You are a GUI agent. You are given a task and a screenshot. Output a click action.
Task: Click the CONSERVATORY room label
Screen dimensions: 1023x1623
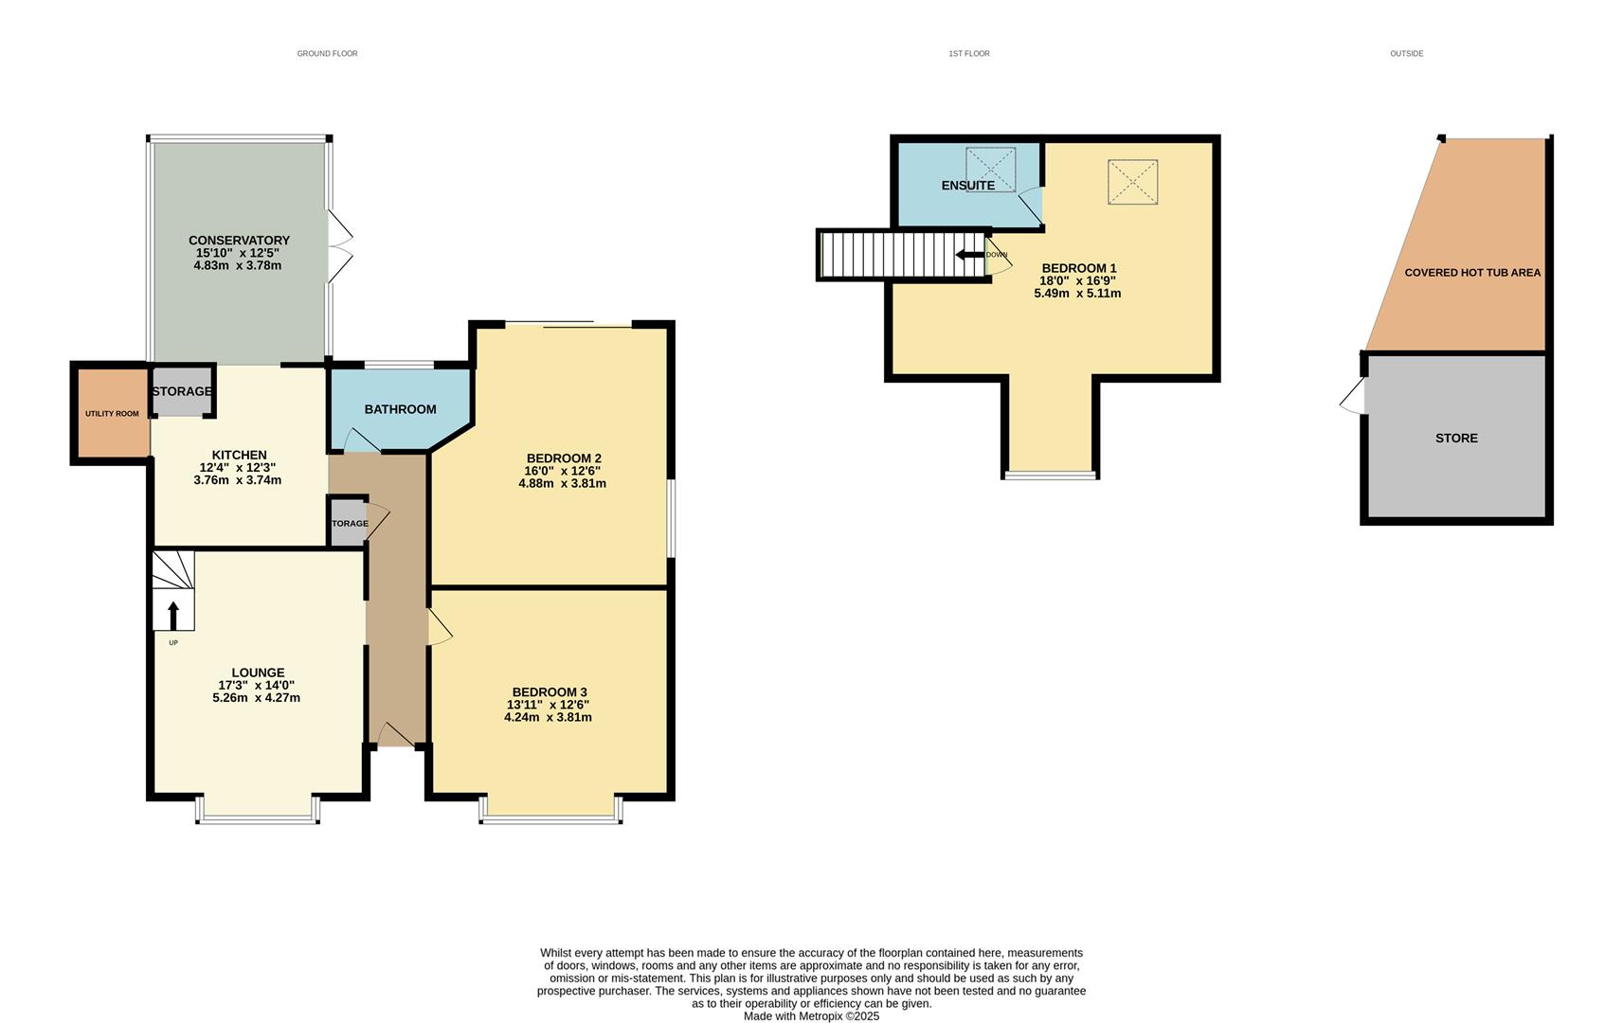coord(239,241)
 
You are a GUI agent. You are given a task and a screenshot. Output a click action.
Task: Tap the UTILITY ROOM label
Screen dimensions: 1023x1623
coord(112,414)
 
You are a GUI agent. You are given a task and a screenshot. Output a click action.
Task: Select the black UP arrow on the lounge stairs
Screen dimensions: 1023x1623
coord(172,615)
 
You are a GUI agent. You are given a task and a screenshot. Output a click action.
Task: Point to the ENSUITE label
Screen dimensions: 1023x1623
coord(967,186)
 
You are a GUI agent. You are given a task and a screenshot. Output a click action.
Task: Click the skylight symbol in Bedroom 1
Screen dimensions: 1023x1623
coord(1132,182)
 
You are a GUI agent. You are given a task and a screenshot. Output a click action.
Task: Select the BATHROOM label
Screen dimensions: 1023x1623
coord(400,409)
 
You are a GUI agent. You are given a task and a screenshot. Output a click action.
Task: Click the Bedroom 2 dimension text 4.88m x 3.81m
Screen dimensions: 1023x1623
coord(562,483)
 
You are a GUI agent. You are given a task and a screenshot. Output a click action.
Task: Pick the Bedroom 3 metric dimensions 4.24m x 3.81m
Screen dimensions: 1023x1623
coord(548,717)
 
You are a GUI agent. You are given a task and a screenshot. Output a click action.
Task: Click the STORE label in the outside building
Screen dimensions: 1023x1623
coord(1455,438)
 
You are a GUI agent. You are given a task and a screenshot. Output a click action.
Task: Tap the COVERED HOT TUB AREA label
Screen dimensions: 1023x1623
coord(1471,273)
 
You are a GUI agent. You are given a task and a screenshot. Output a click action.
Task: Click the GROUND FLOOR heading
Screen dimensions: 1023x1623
coord(327,54)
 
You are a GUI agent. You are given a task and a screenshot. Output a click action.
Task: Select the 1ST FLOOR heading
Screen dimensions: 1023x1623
coord(968,54)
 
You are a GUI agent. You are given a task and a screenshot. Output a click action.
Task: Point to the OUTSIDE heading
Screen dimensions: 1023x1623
coord(1406,54)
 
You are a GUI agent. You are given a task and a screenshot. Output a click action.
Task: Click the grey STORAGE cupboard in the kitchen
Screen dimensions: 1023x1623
coord(182,391)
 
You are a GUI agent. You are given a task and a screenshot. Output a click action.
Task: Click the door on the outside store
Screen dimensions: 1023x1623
coord(1353,395)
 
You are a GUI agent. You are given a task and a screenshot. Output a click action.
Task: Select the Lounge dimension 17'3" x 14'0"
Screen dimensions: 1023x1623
coord(256,685)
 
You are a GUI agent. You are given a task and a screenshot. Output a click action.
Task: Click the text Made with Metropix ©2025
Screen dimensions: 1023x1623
coord(811,1016)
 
